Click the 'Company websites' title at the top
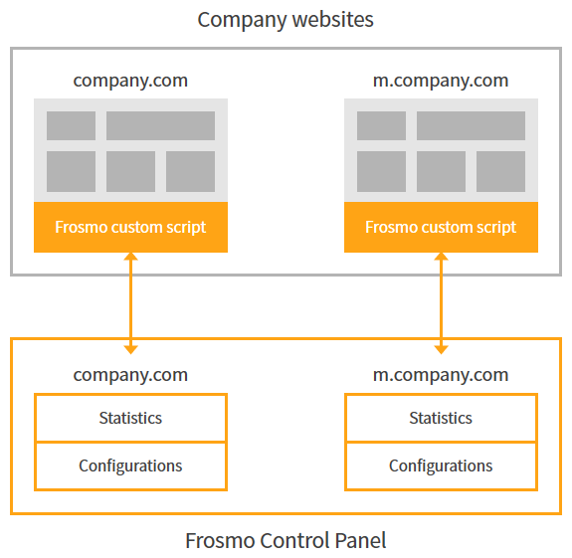[286, 19]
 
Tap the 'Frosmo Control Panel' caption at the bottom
[286, 540]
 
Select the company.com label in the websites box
[130, 81]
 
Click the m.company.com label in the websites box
[441, 81]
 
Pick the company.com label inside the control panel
[130, 375]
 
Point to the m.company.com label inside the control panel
[441, 375]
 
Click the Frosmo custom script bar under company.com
[130, 227]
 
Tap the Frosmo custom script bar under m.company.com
[441, 227]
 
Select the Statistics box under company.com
[130, 418]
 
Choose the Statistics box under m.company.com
[441, 418]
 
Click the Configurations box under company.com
[130, 465]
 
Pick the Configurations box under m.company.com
[441, 465]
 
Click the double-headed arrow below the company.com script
[130, 302]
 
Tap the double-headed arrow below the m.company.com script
[441, 302]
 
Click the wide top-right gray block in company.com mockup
[160, 125]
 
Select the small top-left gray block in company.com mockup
[71, 125]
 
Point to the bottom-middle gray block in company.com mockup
[130, 171]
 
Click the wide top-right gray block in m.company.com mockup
[471, 125]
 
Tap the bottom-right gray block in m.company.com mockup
[500, 171]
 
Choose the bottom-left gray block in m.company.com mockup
[381, 171]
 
